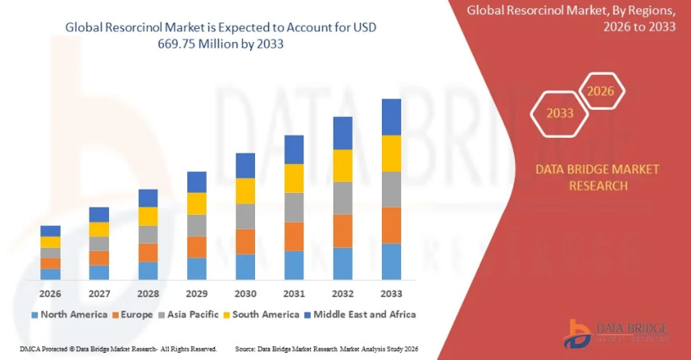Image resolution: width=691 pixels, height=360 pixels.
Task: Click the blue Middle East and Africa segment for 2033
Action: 392,117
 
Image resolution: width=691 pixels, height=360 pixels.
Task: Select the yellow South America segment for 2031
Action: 294,178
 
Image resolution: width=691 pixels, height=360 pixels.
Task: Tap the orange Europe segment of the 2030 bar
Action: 245,241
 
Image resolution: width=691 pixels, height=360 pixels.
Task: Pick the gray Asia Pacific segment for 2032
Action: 343,198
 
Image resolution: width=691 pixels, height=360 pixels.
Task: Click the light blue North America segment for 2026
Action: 51,274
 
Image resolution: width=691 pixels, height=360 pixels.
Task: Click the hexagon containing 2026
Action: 601,91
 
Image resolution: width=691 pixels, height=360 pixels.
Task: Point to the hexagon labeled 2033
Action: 559,113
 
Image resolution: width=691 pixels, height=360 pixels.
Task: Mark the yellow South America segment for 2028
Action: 148,216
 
